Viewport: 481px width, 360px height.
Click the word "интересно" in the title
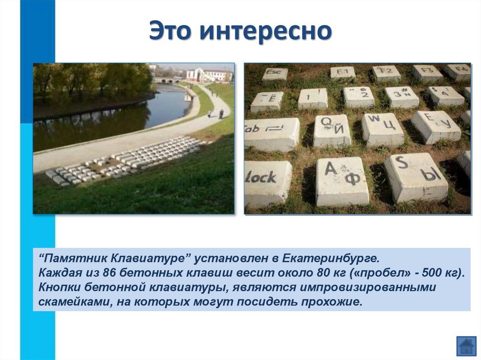[x=266, y=31]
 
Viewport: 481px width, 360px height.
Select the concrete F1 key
[x=342, y=72]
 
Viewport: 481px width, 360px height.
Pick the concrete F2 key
[x=386, y=73]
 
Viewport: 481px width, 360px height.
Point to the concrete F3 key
[x=427, y=73]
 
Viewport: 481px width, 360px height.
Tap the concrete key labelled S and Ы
[x=416, y=176]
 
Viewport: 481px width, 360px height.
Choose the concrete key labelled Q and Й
[x=332, y=130]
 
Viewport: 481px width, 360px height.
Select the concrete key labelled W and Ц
[x=382, y=128]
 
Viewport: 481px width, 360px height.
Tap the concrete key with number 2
[x=359, y=96]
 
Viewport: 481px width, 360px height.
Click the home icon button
[x=466, y=346]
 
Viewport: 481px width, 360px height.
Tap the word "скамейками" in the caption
[x=71, y=302]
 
